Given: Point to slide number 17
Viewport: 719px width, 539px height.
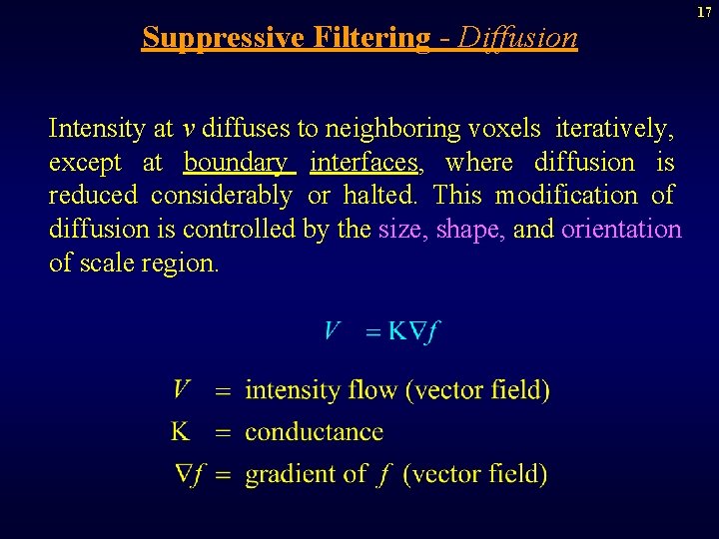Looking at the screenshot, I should tap(704, 11).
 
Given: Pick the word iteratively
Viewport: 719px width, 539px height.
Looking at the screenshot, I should tap(614, 129).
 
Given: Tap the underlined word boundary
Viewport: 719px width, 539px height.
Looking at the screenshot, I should tap(236, 163).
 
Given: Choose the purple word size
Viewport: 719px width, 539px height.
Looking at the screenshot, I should tap(400, 230).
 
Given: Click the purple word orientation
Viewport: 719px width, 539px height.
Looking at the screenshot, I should tap(621, 230).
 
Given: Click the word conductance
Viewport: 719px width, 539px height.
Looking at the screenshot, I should tap(314, 432).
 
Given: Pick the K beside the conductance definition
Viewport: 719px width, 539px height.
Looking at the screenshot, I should tap(181, 431).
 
